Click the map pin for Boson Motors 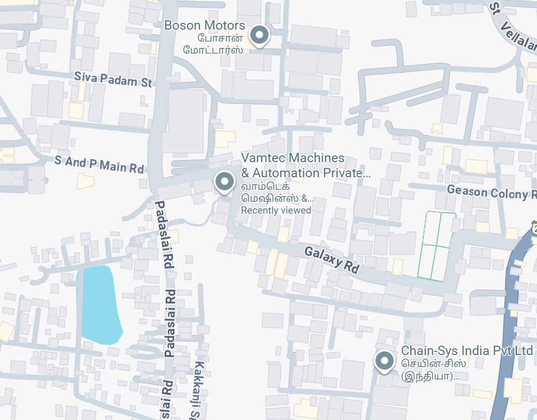tap(259, 36)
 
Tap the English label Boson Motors tap(205, 25)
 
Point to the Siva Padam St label tap(113, 79)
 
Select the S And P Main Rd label tap(99, 165)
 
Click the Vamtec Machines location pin tap(224, 181)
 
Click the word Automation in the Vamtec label tap(285, 173)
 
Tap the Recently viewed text tap(276, 211)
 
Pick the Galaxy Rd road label tap(331, 259)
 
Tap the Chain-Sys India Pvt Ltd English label tap(467, 350)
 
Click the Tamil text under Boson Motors tap(213, 44)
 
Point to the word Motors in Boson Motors tap(224, 25)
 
